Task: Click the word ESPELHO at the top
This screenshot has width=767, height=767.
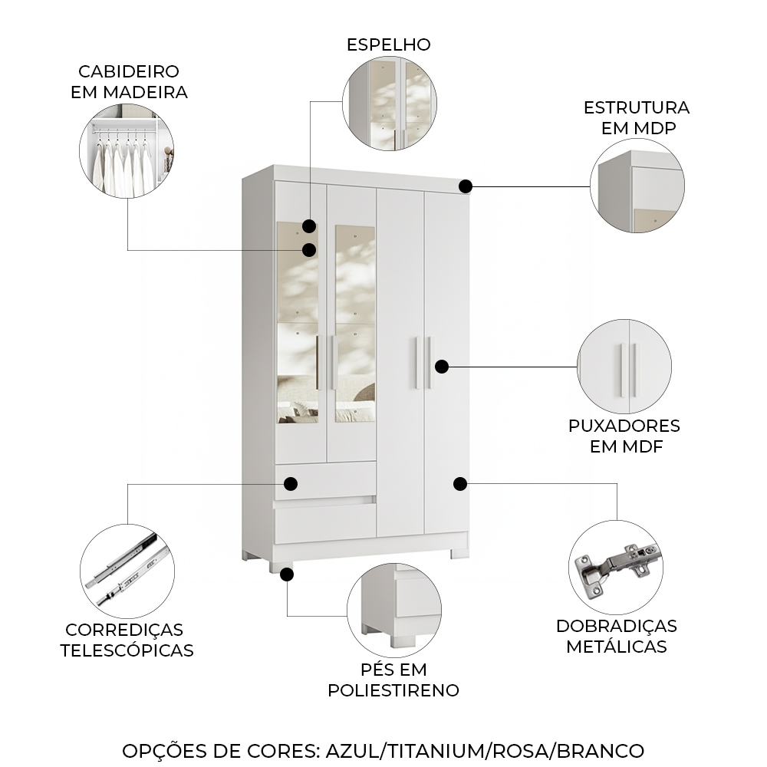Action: tap(388, 44)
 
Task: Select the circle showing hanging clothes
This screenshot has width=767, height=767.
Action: tap(127, 152)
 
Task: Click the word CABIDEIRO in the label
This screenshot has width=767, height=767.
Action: tap(129, 72)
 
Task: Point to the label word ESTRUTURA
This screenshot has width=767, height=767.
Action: tap(637, 107)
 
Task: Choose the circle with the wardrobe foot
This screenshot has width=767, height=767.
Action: tap(393, 607)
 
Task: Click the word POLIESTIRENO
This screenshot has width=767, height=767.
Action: tap(393, 690)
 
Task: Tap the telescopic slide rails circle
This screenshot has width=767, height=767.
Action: tap(127, 571)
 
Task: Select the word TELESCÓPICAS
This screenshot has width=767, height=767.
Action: tap(127, 650)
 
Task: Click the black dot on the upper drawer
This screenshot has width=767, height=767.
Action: tap(291, 484)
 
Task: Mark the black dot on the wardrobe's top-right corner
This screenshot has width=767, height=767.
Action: tap(466, 186)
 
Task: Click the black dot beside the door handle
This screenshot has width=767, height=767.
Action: tap(441, 366)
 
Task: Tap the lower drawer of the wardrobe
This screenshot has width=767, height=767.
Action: tap(325, 524)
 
